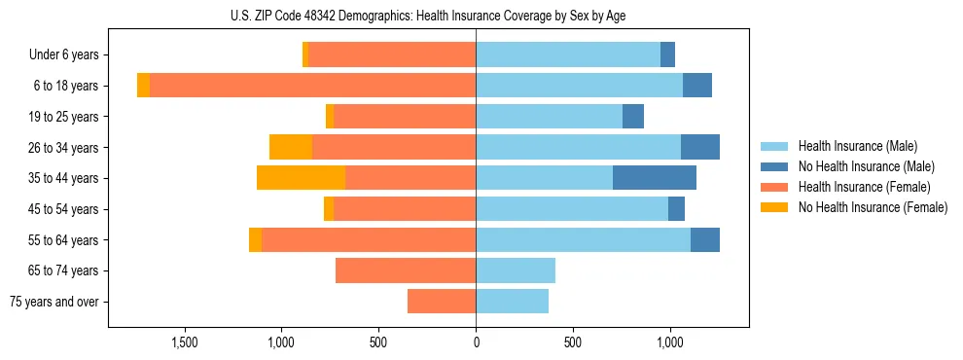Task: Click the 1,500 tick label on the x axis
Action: click(x=185, y=342)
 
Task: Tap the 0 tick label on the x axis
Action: click(x=476, y=342)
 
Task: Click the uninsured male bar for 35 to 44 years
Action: click(x=655, y=178)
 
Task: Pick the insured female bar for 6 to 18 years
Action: click(x=312, y=86)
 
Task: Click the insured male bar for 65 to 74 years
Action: click(x=516, y=270)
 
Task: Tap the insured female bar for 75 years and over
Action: click(x=442, y=302)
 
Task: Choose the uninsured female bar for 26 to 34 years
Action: click(x=291, y=147)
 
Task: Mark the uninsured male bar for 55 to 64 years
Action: click(x=705, y=239)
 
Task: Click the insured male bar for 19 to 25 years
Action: click(x=549, y=117)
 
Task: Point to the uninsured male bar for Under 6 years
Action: click(x=667, y=55)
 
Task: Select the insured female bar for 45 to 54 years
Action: click(x=405, y=209)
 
